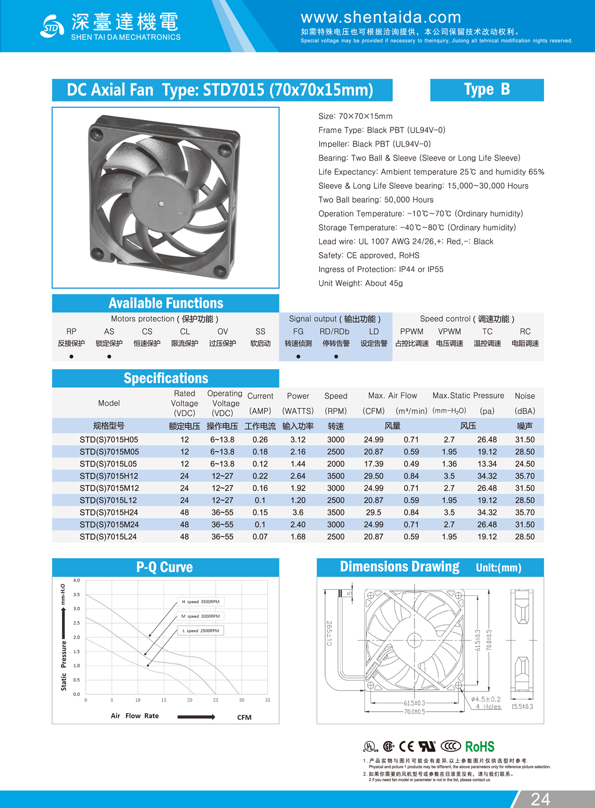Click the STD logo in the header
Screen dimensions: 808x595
[52, 26]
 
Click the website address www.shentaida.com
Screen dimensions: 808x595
[381, 17]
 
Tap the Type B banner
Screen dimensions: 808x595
[486, 90]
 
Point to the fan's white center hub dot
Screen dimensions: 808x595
[161, 204]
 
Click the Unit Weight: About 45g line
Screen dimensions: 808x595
[360, 283]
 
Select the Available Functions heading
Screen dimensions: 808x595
[166, 303]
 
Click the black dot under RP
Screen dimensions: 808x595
[71, 356]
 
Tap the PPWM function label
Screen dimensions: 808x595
[412, 332]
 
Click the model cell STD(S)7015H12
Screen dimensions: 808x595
[109, 476]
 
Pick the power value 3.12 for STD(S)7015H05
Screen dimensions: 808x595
[298, 440]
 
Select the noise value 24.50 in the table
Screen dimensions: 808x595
[525, 464]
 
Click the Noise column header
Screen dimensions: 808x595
[525, 396]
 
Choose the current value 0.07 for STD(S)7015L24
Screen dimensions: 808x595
[260, 537]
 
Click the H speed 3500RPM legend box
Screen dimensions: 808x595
[201, 602]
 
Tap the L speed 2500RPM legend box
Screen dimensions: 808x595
[201, 631]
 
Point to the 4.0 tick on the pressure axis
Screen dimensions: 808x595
[76, 580]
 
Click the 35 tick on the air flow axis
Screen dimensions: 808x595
[267, 700]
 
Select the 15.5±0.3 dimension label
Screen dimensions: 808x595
[522, 706]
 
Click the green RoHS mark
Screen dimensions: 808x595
[479, 747]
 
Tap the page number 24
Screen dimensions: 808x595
[540, 799]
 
